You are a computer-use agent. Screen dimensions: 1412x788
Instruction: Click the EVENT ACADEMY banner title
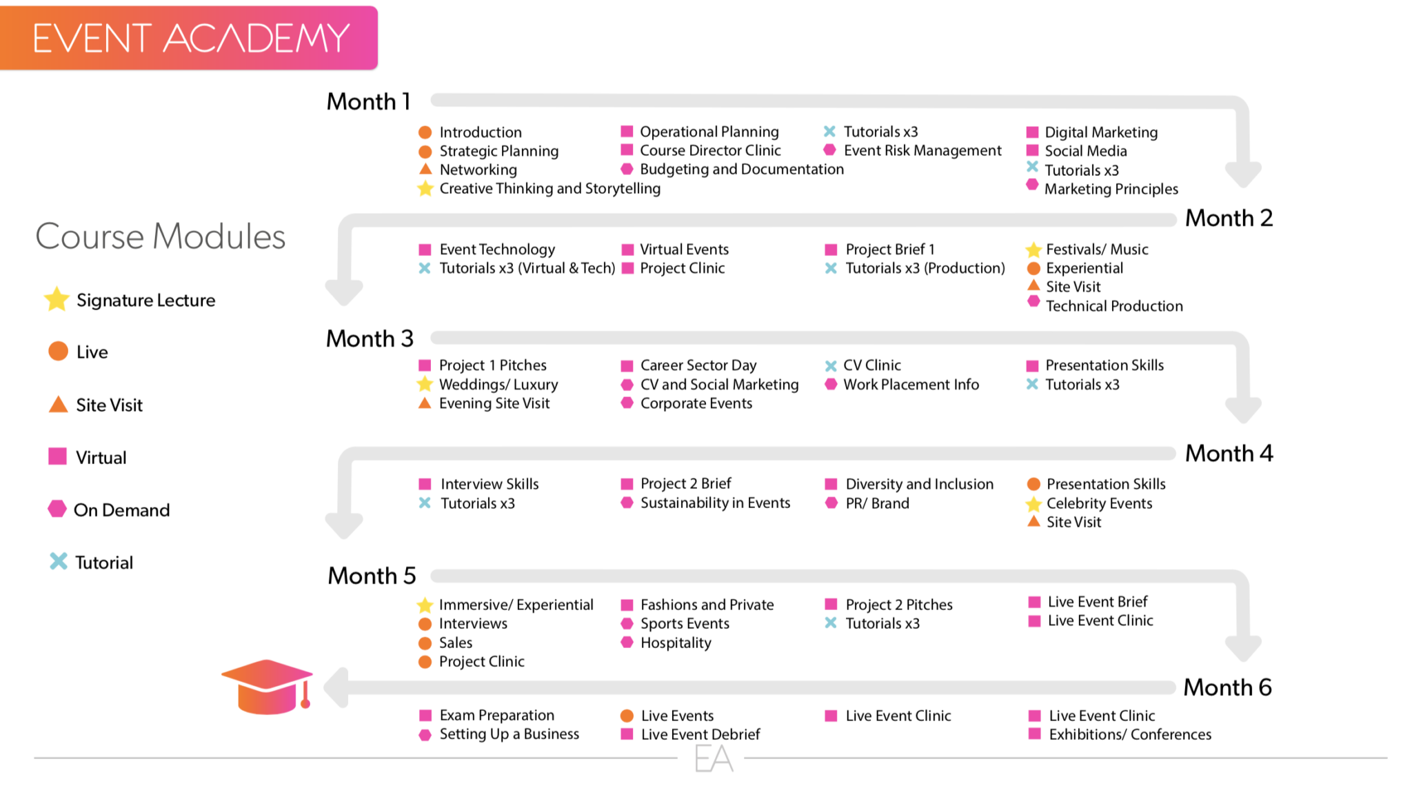191,38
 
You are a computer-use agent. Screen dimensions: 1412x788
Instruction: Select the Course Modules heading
160,236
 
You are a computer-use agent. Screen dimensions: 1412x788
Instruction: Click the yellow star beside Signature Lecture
57,299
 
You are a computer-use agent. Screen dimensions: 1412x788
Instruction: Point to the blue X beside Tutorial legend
59,561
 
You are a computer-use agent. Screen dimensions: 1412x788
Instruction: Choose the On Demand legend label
121,510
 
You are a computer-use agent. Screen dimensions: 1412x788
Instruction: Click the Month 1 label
368,101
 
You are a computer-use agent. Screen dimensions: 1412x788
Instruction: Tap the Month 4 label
1229,453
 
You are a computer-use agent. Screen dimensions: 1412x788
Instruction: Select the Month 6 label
1227,687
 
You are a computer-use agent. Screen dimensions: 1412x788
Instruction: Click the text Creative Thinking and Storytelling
549,188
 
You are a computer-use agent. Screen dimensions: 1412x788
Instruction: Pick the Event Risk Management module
922,150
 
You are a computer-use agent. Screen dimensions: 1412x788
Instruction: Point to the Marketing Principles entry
1111,189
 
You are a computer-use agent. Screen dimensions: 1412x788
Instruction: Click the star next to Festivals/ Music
1033,249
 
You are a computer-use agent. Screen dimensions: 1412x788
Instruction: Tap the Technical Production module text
1114,306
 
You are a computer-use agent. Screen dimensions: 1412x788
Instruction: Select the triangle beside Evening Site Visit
425,403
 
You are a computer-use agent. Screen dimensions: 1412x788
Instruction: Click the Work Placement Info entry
911,385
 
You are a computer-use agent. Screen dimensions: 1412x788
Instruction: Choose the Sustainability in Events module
715,503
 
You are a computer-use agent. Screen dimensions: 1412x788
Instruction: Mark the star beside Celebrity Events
1033,504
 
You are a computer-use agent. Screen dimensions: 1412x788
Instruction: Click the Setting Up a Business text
509,734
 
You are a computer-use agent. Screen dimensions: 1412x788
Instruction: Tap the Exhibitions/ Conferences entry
1130,734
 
